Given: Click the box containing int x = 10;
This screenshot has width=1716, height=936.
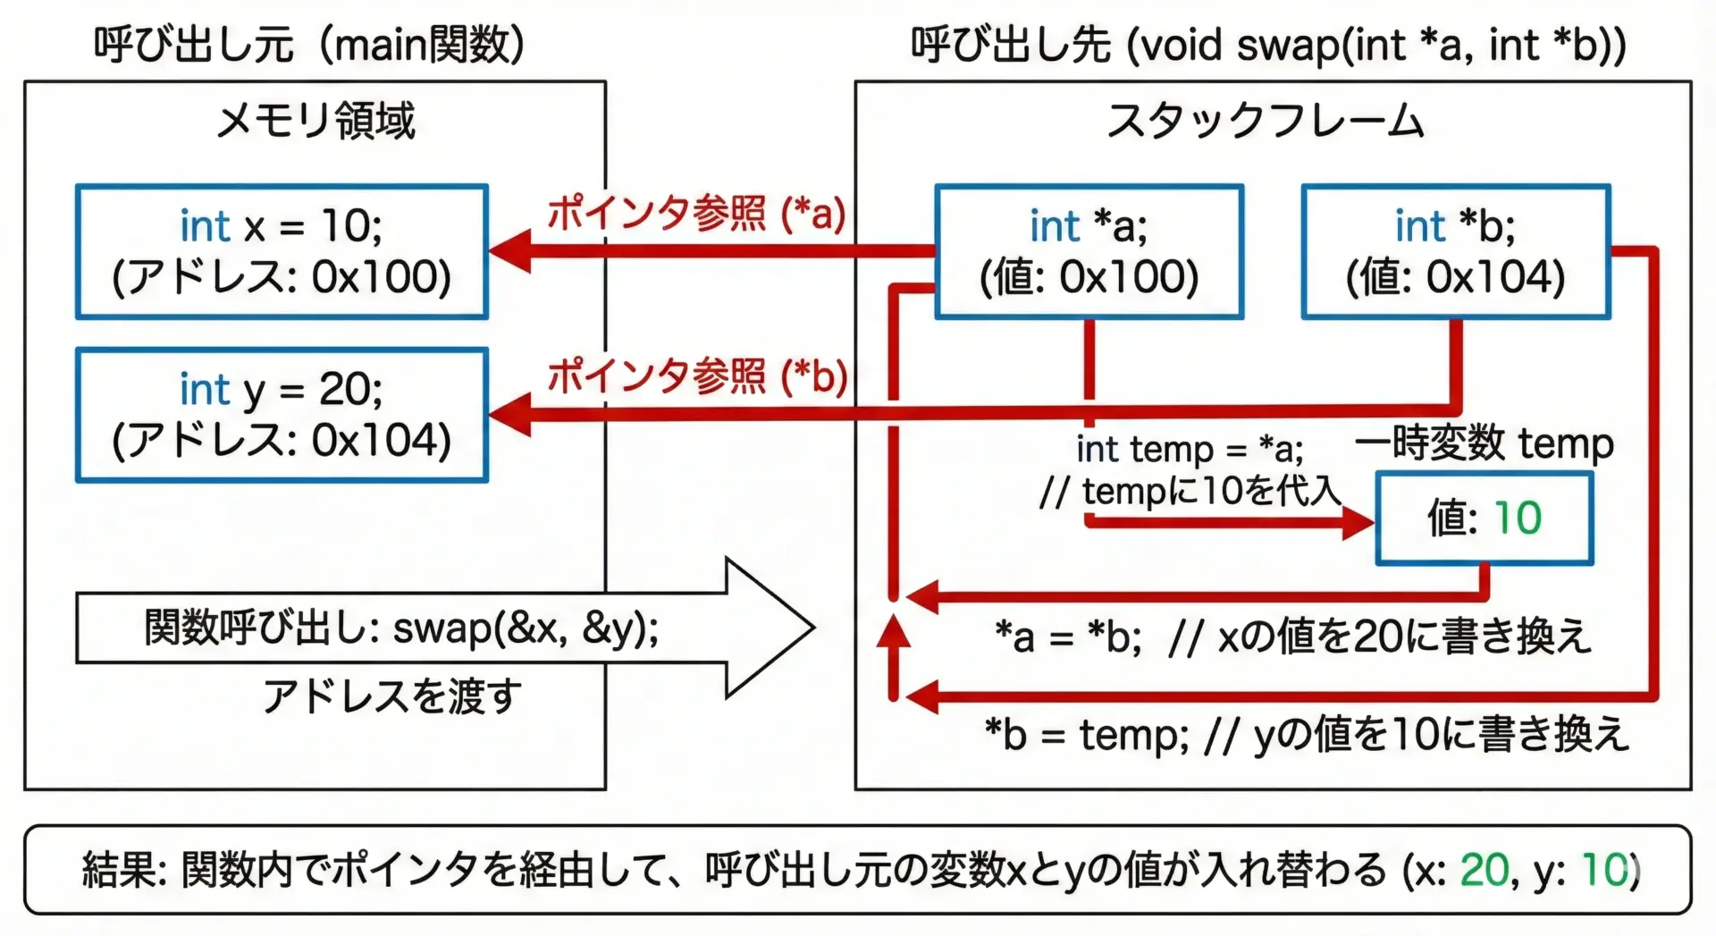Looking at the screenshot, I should click(282, 251).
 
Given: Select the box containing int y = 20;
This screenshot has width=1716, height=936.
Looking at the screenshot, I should click(282, 415).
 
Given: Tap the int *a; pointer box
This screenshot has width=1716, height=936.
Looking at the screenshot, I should click(1089, 251).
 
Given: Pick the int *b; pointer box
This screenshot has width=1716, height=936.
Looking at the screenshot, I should click(1455, 251).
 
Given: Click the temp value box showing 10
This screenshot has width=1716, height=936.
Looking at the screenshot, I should click(1484, 518).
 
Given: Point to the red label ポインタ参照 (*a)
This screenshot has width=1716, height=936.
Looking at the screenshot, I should click(696, 213).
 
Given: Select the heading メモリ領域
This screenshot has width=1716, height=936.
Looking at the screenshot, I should click(315, 121).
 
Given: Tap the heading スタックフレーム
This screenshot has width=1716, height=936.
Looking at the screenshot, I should click(1265, 121).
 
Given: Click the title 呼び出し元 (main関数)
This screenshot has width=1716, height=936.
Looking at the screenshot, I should click(308, 44).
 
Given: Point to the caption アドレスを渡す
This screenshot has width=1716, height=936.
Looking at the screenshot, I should click(391, 696).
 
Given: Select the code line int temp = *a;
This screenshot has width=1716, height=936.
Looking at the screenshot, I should click(1189, 449).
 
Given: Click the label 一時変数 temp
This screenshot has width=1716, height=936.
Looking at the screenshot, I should click(1484, 443).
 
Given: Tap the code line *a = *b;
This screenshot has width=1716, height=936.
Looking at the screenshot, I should click(1068, 637).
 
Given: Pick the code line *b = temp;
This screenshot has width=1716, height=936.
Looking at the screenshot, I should click(1086, 735).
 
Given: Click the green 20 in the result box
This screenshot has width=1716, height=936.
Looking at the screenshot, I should click(1484, 869).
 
